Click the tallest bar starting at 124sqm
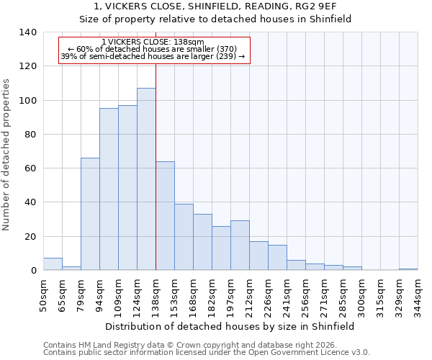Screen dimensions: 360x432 [x=146, y=179]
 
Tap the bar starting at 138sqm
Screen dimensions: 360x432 [x=165, y=216]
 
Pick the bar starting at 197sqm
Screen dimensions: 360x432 [x=240, y=246]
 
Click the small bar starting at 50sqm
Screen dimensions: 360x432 [x=53, y=264]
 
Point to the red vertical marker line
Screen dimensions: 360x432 [x=156, y=166]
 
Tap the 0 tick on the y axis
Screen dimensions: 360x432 [x=33, y=271]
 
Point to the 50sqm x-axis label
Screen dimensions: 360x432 [x=44, y=295]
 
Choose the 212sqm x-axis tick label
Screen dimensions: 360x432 [x=250, y=295]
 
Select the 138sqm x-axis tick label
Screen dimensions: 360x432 [x=156, y=295]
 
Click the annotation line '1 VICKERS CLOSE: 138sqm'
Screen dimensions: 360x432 [x=153, y=42]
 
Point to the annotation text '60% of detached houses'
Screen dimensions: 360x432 [x=153, y=49]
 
